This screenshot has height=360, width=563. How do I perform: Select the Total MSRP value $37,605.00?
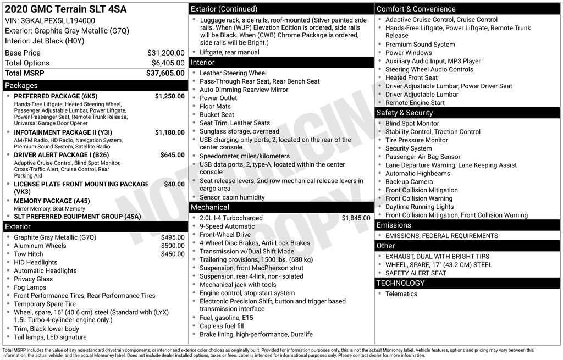tap(165, 73)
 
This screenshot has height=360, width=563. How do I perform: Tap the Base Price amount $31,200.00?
tap(165, 53)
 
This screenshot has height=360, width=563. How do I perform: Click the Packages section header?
tap(21, 86)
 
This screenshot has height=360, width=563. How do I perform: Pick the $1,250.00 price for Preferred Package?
tap(169, 96)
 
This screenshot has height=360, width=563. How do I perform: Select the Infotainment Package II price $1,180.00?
tap(169, 132)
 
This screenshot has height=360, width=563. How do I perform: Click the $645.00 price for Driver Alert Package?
tap(172, 155)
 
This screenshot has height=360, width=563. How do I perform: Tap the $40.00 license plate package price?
tap(174, 184)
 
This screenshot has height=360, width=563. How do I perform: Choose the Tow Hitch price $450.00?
tap(173, 254)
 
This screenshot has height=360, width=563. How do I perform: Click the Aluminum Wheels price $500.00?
tap(173, 246)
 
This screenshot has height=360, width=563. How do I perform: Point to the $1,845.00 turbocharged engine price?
tap(356, 218)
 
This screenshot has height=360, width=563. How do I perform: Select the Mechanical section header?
tap(209, 207)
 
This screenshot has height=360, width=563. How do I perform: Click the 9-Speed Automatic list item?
tap(227, 226)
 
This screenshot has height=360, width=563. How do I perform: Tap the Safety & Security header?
tap(405, 113)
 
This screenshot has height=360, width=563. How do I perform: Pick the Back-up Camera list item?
tap(409, 182)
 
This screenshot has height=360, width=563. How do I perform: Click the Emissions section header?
tap(394, 225)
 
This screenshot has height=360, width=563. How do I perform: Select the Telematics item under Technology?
tap(401, 294)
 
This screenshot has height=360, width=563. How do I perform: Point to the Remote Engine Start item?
tap(415, 103)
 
